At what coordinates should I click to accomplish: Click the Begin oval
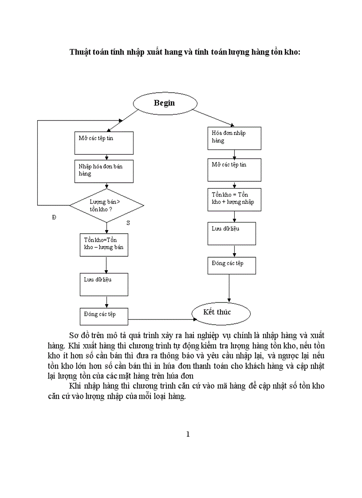164,103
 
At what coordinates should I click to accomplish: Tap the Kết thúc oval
221,313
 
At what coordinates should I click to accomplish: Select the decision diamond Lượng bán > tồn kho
107,205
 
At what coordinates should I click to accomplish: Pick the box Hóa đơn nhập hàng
234,138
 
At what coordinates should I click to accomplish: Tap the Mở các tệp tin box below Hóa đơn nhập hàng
234,169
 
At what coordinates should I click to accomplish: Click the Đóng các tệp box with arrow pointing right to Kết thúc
104,316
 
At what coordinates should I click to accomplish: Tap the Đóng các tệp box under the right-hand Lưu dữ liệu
232,265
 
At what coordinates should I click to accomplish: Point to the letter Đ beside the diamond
54,217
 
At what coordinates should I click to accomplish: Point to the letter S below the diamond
128,223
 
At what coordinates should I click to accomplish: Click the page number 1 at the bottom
188,434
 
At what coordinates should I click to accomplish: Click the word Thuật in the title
79,52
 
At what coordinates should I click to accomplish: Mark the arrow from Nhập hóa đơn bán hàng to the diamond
106,186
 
